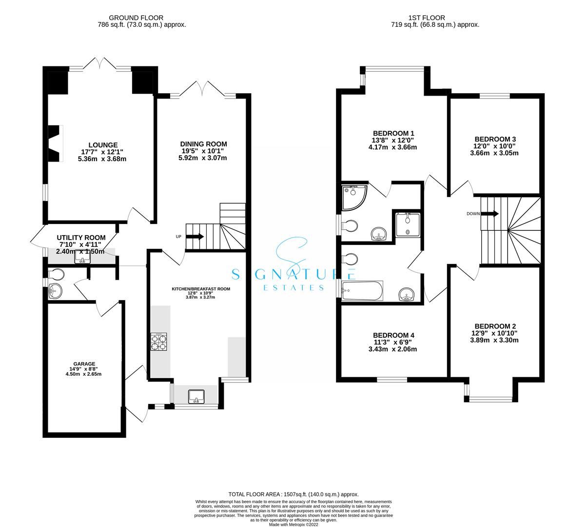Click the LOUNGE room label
click(x=102, y=144)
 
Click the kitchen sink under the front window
click(x=196, y=396)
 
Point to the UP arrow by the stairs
click(x=194, y=237)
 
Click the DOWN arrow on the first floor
click(x=489, y=214)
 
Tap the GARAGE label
click(x=84, y=364)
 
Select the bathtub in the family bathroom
click(x=363, y=291)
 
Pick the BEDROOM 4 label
click(x=393, y=335)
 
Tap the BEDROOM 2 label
click(x=495, y=326)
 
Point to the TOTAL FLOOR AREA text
click(x=293, y=494)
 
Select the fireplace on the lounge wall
click(x=55, y=143)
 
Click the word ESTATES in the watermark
click(x=294, y=287)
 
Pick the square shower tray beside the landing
click(x=407, y=224)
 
